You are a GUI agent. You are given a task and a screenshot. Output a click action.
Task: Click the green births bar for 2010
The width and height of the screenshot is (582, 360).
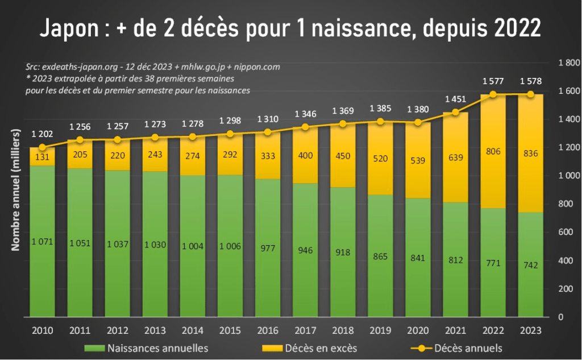click(x=42, y=239)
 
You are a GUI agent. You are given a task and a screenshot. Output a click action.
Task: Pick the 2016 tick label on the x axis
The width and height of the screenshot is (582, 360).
click(x=267, y=330)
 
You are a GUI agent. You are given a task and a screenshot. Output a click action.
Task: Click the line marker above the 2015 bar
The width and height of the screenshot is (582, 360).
click(x=230, y=134)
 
